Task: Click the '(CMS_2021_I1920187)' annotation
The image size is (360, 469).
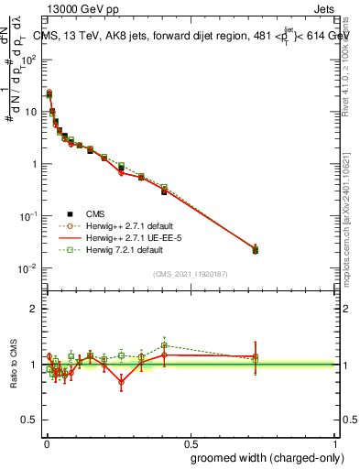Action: click(191, 275)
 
